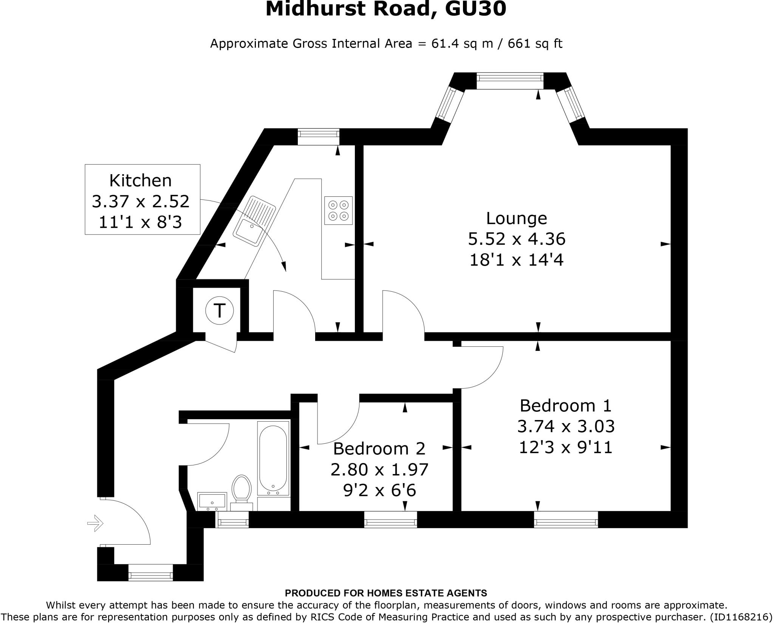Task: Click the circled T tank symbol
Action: tap(219, 311)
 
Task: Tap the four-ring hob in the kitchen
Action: tap(338, 210)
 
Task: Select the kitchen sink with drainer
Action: tap(254, 221)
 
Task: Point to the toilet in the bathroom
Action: tap(241, 489)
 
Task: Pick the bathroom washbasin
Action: tap(212, 501)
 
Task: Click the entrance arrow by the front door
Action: tap(95, 523)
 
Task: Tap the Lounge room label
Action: tap(516, 218)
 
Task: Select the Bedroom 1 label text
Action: tap(565, 406)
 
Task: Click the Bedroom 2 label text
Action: tap(379, 449)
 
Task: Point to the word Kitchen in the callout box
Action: tap(140, 181)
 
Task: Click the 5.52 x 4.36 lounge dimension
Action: tap(516, 239)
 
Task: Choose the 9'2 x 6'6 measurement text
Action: tap(379, 490)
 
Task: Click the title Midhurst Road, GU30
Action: tap(385, 9)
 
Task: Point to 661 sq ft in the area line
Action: tap(535, 44)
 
